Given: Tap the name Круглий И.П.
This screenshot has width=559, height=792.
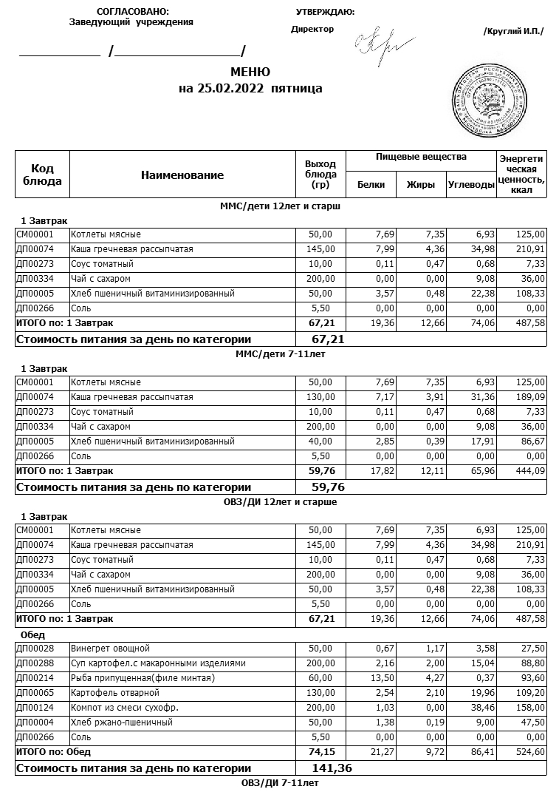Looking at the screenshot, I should tap(513, 31).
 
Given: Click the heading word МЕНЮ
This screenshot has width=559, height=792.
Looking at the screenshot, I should tap(250, 72).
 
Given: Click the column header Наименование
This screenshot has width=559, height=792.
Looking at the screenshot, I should tap(182, 175).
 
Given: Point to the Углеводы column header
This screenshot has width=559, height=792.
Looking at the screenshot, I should tap(471, 185).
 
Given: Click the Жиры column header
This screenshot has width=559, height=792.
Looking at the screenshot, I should tap(421, 185).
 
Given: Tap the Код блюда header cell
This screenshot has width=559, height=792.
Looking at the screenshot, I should tap(42, 175).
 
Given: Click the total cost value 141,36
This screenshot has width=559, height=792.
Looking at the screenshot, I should tap(332, 768).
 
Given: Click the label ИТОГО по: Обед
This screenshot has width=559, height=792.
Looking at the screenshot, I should tap(53, 752).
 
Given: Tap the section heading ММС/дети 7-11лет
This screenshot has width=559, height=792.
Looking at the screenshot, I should tap(280, 354).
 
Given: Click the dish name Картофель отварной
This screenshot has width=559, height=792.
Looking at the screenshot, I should tap(115, 693).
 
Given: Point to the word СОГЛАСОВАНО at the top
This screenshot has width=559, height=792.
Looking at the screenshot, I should tap(132, 12).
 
